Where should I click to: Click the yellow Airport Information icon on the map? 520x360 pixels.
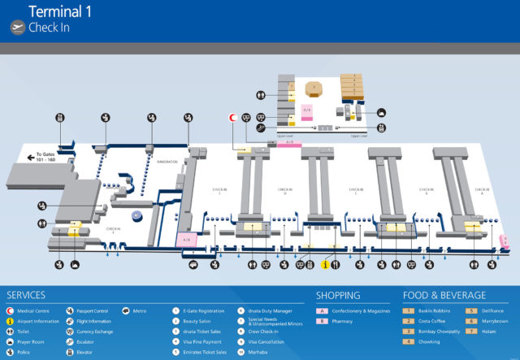pos(324,264)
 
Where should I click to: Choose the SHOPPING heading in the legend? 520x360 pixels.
pos(338,295)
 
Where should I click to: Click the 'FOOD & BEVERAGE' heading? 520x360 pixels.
pos(444,295)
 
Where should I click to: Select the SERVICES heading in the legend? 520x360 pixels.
pos(26,295)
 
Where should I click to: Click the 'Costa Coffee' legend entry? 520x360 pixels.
pos(431,321)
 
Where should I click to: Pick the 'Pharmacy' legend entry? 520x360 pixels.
pos(340,321)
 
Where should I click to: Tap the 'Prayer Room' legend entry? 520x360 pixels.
pos(29,342)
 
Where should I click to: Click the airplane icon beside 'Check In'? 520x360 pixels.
pos(18,27)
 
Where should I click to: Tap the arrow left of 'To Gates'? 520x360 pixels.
pos(31,156)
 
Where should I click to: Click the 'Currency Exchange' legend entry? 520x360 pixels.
pos(95,332)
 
